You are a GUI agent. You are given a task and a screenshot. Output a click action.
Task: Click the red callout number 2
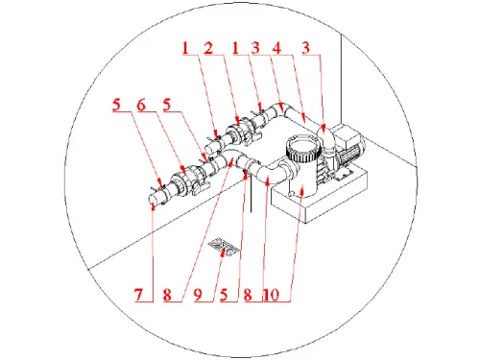pos(208,48)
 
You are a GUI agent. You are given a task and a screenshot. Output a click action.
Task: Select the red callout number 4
pos(276,48)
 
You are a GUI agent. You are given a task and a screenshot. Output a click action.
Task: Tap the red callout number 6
pos(141,105)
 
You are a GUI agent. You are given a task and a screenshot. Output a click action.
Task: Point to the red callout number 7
pos(138,295)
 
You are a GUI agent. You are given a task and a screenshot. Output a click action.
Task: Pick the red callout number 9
pos(198,295)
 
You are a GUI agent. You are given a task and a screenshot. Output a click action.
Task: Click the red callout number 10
pos(272,295)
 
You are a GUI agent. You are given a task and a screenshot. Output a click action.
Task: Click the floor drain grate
pos(224,248)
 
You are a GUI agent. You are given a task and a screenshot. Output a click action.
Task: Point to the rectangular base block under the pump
pos(320,195)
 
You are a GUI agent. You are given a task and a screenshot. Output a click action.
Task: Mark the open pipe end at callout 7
pos(154,202)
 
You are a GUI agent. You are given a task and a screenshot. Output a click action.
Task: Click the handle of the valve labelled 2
pos(252,137)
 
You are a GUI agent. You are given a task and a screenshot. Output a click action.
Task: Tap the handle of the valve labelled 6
pos(200,187)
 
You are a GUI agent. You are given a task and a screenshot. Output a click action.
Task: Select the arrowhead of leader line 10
pos(302,192)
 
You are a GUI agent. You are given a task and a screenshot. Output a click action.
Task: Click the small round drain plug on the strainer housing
pos(291,194)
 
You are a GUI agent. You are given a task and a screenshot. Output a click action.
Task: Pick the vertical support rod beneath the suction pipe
pos(252,195)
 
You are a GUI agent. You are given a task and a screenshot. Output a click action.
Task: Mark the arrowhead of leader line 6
pos(182,169)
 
